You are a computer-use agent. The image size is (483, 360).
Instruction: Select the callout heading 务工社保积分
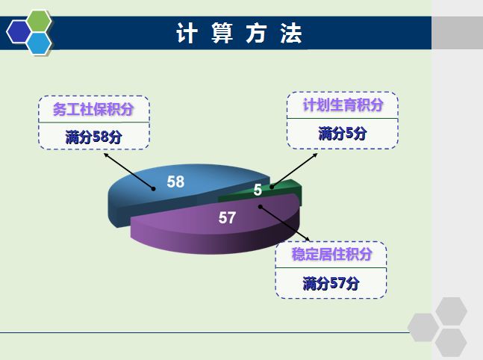93,109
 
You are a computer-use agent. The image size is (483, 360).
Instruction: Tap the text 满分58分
93,137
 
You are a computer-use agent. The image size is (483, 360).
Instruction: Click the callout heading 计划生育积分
343,105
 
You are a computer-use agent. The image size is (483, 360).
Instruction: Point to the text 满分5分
343,134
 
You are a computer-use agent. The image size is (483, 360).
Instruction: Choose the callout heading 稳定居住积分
332,255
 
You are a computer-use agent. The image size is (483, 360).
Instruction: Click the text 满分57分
331,283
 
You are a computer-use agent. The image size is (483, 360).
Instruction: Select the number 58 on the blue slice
175,181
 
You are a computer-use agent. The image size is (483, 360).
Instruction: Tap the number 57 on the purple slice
227,218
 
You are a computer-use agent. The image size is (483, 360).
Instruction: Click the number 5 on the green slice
258,190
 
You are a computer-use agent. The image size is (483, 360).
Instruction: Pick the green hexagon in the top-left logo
38,21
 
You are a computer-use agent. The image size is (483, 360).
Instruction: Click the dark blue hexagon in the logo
18,32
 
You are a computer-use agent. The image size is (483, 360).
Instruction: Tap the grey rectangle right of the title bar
457,34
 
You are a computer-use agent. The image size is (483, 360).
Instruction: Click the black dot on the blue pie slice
154,189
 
